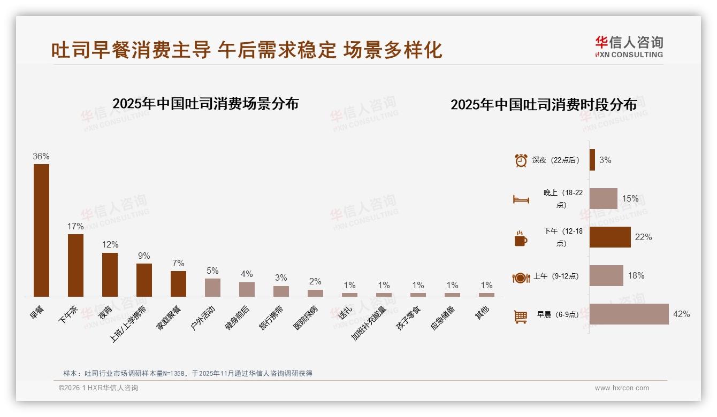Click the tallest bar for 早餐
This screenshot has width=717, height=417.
[x=41, y=230]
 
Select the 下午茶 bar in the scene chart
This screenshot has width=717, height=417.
[x=75, y=265]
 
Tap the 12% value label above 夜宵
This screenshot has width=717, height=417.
[x=110, y=244]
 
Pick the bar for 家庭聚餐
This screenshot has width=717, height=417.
[x=178, y=284]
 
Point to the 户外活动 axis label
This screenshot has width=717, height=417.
[x=203, y=318]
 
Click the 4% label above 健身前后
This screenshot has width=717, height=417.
[x=247, y=274]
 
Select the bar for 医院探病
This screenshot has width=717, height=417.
[x=315, y=293]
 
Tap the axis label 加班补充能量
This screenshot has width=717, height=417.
[x=369, y=322]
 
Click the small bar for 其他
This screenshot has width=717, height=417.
[x=486, y=295]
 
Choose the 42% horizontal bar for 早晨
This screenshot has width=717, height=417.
[x=629, y=314]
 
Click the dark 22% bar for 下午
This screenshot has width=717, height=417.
[x=610, y=237]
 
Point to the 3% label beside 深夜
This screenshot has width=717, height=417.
[x=605, y=160]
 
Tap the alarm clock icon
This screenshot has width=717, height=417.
[x=521, y=160]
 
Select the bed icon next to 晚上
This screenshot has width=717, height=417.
[x=521, y=199]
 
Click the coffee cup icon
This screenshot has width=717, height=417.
[x=521, y=238]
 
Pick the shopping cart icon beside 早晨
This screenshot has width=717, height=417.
[x=521, y=316]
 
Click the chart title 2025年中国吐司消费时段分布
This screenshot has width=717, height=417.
[x=544, y=104]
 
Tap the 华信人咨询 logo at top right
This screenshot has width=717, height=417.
[x=629, y=46]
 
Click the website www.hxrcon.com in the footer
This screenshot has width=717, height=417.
[x=622, y=388]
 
